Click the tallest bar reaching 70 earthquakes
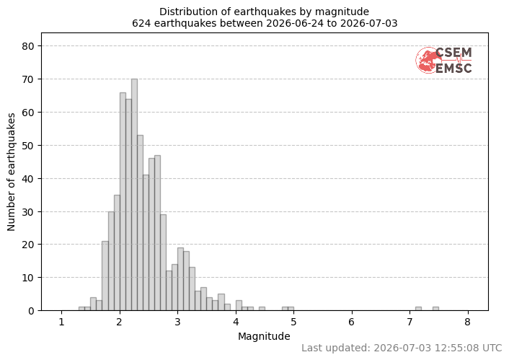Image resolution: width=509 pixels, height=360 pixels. pos(134,195)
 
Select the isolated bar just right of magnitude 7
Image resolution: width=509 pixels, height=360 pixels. pos(418,309)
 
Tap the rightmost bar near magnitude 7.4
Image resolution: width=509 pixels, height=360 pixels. pos(435,309)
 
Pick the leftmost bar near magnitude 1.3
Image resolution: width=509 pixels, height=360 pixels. pos(81,309)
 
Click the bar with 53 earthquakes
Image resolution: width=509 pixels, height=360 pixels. pos(141,223)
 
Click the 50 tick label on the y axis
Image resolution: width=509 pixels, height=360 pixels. pos(28,146)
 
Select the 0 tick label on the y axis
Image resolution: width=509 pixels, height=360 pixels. pos(31,311)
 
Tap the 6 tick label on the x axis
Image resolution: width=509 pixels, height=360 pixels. pos(352,322)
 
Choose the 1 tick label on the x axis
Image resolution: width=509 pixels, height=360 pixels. pos(61,322)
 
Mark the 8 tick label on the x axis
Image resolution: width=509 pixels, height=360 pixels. pos(467,322)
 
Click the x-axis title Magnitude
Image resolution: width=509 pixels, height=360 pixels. pos(264,337)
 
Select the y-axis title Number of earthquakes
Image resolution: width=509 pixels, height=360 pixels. pos(11,172)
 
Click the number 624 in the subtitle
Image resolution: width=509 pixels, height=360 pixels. pos(141,23)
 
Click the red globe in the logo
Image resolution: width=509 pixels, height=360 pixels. pos(428,60)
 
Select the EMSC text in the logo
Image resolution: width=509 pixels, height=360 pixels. pos(453,69)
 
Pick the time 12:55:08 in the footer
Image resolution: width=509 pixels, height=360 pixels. pos(457,348)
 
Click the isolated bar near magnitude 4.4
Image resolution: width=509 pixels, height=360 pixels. pos(262,309)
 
